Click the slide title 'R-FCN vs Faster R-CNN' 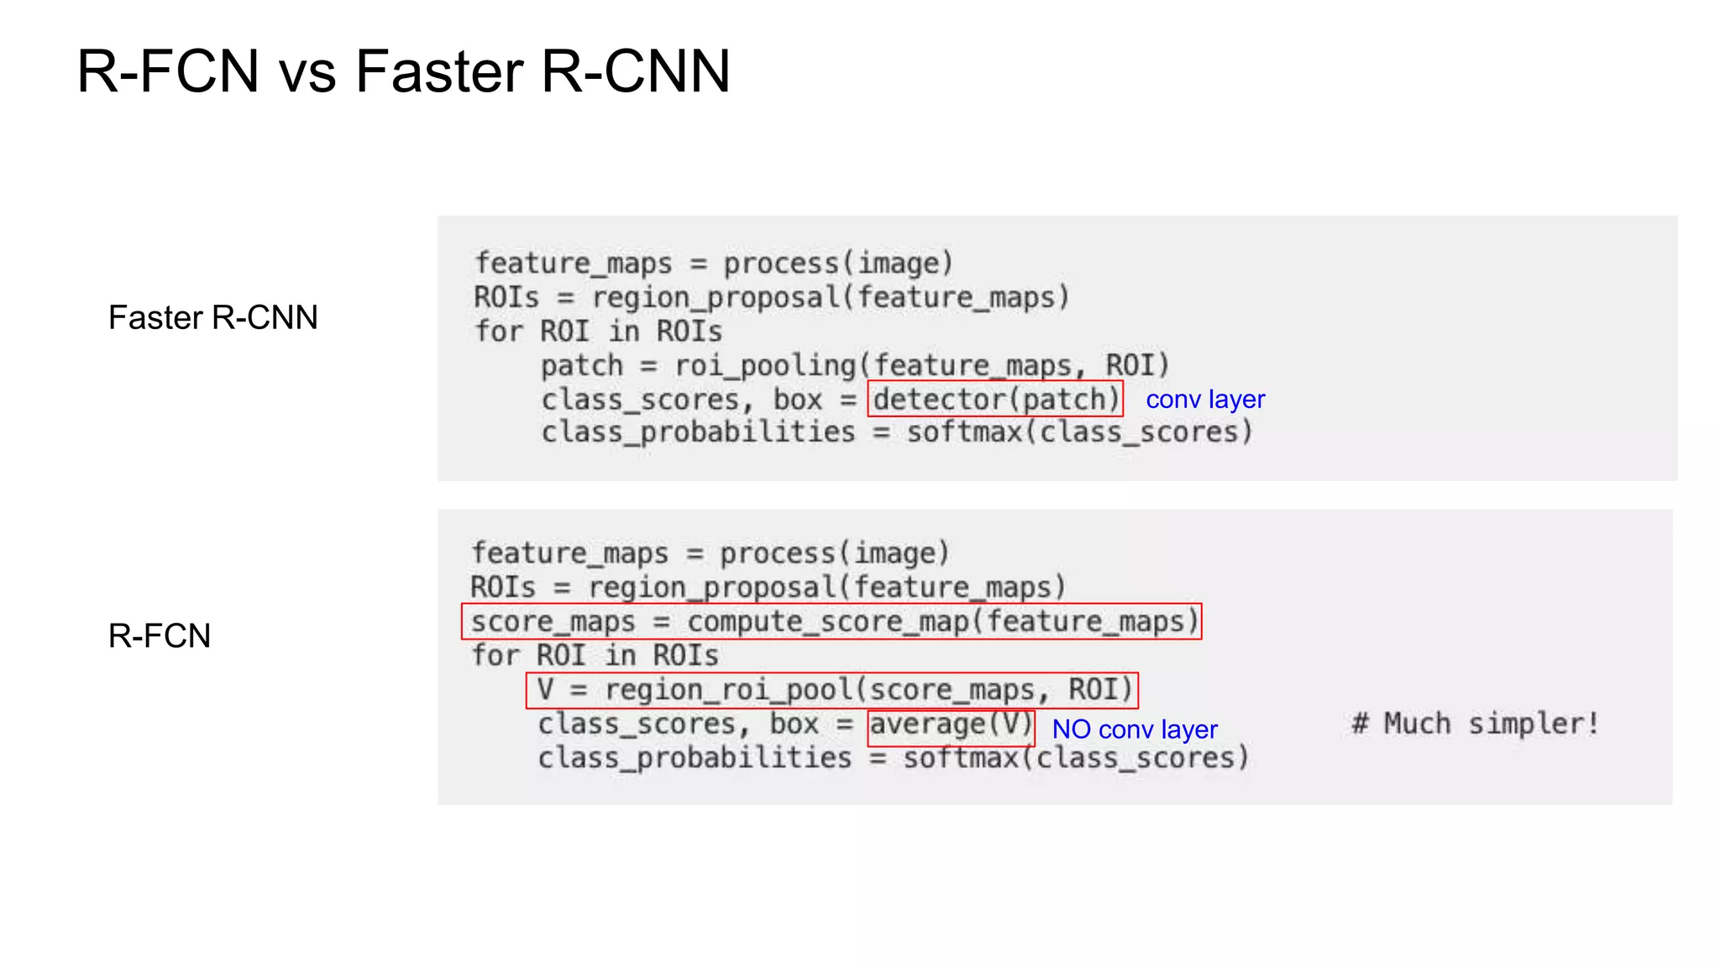click(x=403, y=71)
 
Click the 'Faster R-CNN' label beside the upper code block click(x=213, y=318)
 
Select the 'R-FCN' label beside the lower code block click(x=160, y=636)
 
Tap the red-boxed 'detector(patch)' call click(x=995, y=399)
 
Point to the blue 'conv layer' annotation click(x=1205, y=400)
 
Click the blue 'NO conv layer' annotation click(x=1135, y=729)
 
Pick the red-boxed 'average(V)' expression click(x=951, y=725)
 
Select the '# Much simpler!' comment click(x=1475, y=724)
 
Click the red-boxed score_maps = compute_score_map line click(x=831, y=622)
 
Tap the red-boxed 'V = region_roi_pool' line click(x=832, y=690)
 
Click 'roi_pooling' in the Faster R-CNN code click(x=764, y=366)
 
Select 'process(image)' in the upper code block click(x=838, y=264)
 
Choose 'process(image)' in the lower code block click(x=834, y=553)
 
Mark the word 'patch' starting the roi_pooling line click(x=582, y=366)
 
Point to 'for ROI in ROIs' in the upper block click(x=598, y=332)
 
